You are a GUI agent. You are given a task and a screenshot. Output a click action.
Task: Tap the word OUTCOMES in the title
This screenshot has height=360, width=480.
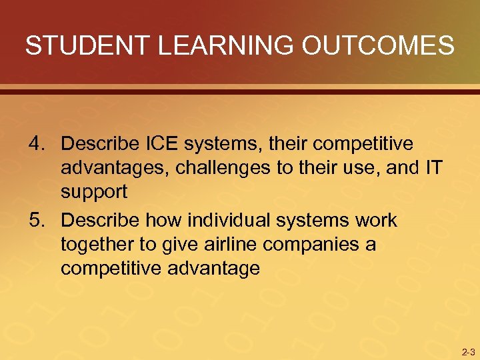(x=379, y=46)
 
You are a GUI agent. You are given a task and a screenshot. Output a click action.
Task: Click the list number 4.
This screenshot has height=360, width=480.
(x=37, y=143)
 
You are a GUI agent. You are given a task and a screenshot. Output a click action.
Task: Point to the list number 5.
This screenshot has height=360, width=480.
(x=37, y=220)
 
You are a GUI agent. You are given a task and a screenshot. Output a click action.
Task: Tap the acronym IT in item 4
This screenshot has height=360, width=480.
(x=432, y=168)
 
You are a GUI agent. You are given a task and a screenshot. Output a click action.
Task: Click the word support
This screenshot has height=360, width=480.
(x=94, y=193)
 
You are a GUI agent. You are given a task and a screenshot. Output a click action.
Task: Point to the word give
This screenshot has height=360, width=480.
(x=175, y=245)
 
